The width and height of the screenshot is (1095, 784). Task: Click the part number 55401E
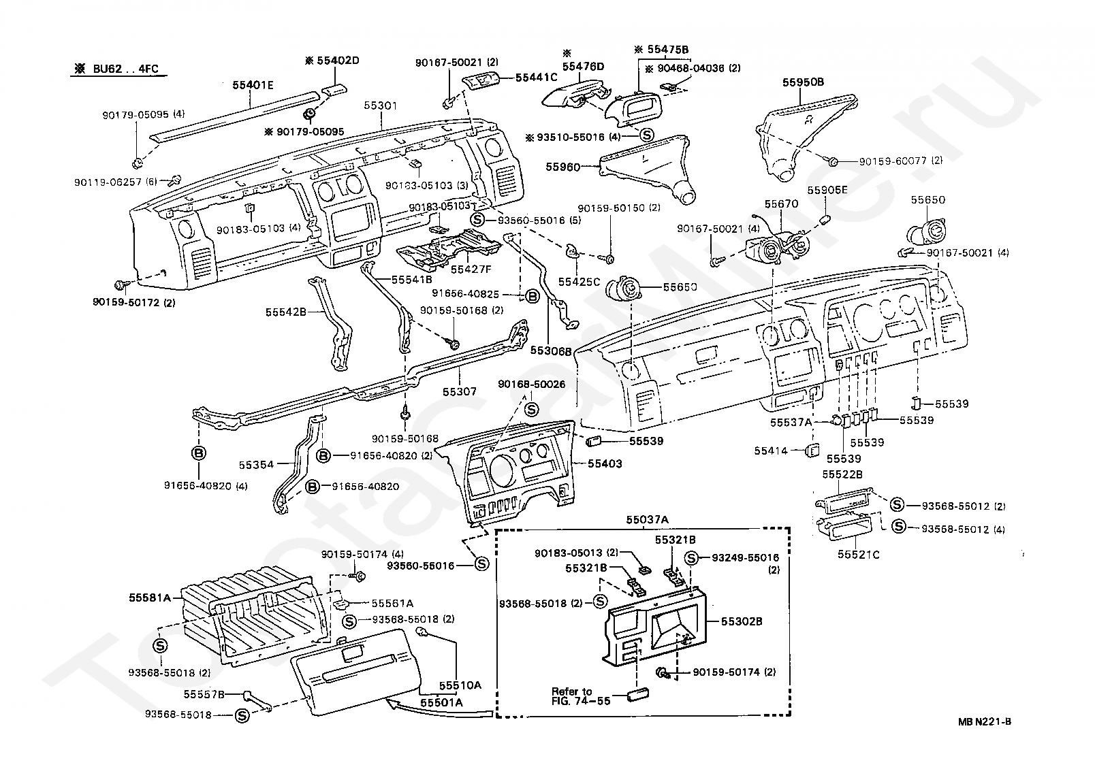point(253,86)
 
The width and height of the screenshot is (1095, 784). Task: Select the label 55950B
point(803,82)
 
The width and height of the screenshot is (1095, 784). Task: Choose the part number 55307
point(460,392)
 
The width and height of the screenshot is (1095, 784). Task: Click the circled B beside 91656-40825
point(531,295)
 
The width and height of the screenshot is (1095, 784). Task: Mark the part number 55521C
point(858,555)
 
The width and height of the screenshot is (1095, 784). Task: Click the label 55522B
point(842,474)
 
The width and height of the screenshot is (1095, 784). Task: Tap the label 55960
point(562,166)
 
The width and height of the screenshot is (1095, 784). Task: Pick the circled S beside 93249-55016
point(691,558)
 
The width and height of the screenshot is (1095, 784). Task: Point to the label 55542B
point(285,312)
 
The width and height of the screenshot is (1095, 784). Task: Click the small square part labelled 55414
point(812,451)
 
